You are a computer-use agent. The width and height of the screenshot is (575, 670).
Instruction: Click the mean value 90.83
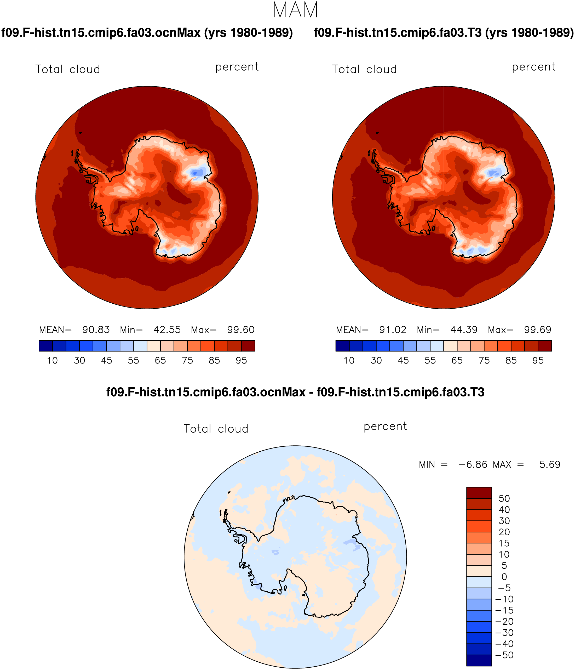click(96, 330)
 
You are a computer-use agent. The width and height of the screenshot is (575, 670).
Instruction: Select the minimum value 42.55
click(167, 330)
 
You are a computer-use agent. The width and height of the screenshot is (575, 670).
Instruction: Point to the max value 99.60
click(241, 330)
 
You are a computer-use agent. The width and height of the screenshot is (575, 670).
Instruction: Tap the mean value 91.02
click(393, 330)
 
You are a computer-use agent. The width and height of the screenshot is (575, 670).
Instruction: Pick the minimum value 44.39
click(464, 330)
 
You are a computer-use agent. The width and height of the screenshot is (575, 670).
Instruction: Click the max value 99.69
click(538, 330)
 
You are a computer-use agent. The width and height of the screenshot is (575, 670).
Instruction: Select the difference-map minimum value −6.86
click(473, 465)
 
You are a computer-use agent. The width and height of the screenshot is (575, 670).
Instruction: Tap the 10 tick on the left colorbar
click(52, 361)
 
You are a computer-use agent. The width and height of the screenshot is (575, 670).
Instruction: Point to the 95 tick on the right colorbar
click(538, 361)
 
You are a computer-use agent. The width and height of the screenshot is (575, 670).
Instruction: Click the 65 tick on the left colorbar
click(160, 361)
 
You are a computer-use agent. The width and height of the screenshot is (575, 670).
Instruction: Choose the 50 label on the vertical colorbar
click(504, 499)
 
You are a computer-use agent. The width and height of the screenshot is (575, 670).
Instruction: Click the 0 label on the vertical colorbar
click(504, 577)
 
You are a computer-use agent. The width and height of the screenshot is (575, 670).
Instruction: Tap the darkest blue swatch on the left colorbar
click(45, 346)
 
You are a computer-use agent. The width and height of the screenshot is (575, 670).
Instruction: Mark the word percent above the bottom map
click(385, 427)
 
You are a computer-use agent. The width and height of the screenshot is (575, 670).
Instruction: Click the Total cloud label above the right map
click(364, 69)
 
